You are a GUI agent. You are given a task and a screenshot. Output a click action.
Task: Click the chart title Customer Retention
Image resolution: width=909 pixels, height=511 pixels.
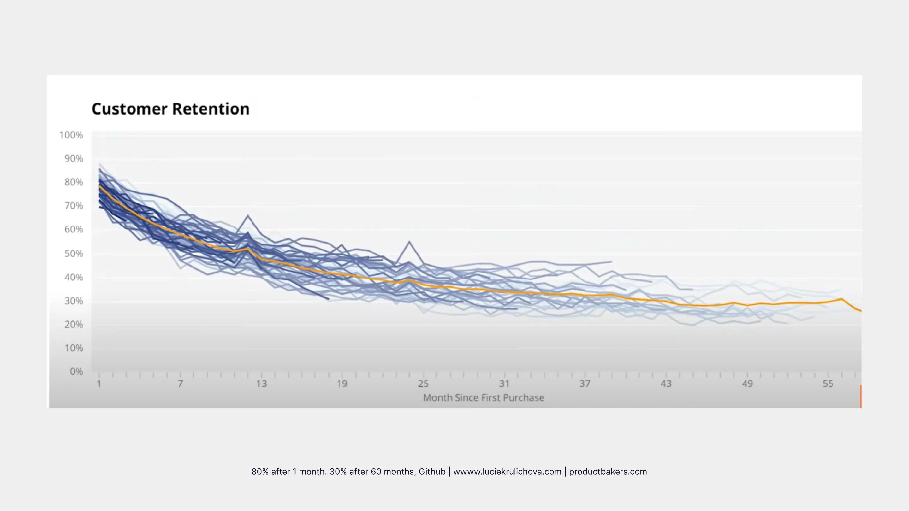[170, 109]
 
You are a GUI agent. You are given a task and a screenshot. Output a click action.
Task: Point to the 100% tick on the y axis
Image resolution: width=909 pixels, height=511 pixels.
[71, 135]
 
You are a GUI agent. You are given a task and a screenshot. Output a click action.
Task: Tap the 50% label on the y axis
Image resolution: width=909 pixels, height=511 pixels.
[74, 254]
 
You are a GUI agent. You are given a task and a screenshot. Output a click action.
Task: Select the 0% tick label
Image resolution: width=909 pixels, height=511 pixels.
[76, 371]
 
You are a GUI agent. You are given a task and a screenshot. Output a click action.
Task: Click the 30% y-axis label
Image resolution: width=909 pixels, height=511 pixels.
[74, 301]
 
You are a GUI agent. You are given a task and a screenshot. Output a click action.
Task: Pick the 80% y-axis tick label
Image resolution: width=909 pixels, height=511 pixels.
[74, 182]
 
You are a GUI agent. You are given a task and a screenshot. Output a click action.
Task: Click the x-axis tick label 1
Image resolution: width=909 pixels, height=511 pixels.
[99, 384]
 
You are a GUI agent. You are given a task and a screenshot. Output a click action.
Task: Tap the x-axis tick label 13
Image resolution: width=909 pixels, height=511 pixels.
[261, 384]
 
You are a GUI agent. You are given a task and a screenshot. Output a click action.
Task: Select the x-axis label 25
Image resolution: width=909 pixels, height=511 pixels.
[423, 384]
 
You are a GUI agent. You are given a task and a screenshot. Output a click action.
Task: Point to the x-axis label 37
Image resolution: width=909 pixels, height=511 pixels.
[585, 384]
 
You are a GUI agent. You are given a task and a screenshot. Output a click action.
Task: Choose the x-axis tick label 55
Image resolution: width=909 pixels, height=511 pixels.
[828, 384]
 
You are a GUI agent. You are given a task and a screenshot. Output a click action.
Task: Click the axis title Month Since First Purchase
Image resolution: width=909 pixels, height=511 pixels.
[484, 398]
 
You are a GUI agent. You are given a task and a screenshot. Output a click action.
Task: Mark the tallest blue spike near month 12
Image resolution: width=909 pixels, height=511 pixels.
[248, 215]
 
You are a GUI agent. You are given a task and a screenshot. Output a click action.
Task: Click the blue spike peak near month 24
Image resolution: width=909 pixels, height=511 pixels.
[409, 241]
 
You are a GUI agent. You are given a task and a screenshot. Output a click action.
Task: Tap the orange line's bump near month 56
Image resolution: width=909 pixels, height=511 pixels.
[841, 299]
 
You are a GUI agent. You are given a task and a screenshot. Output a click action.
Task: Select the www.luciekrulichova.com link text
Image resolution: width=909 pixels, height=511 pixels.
[507, 472]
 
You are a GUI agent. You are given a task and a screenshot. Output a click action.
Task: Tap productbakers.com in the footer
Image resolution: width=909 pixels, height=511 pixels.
[608, 472]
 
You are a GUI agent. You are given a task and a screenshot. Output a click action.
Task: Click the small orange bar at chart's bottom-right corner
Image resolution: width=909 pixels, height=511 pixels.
[861, 396]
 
